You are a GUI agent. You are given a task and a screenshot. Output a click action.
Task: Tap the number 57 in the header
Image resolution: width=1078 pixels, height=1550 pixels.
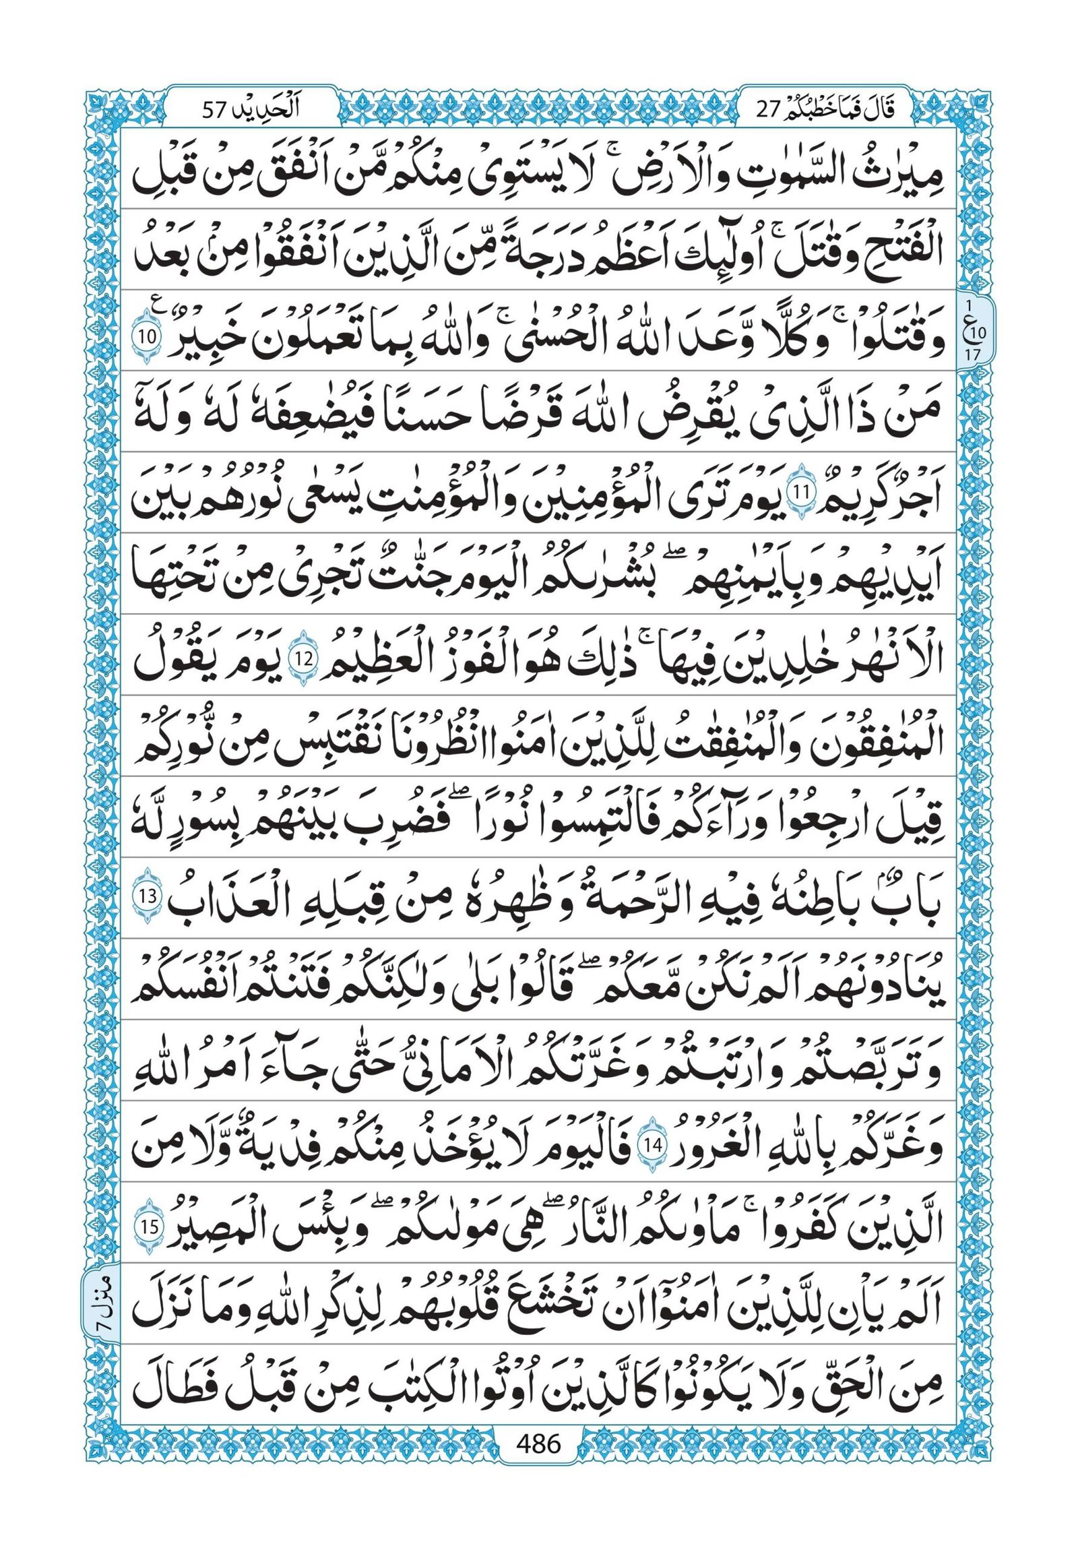click(x=218, y=108)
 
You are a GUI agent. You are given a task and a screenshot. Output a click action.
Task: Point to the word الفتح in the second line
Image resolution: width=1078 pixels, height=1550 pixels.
click(x=891, y=253)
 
